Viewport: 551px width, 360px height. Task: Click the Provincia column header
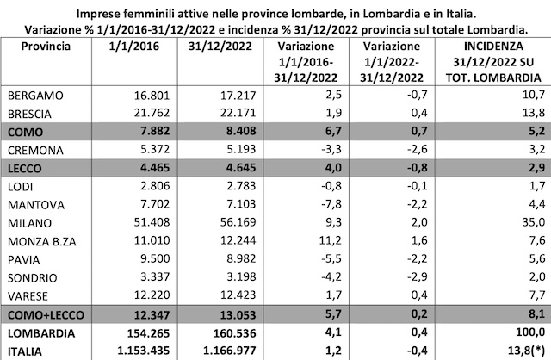click(x=46, y=47)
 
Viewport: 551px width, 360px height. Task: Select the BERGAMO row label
click(x=35, y=96)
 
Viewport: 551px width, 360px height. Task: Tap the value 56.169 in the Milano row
click(x=238, y=222)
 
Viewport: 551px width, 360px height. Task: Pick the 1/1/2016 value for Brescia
click(x=152, y=113)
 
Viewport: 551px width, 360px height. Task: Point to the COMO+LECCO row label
click(x=46, y=315)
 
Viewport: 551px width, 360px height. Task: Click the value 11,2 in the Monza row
click(x=331, y=241)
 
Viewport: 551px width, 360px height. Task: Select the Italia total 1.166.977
click(x=230, y=351)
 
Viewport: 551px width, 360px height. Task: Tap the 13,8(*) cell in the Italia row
click(x=527, y=351)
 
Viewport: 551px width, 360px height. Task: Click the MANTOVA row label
click(x=36, y=205)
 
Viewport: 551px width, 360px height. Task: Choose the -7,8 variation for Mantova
click(x=331, y=205)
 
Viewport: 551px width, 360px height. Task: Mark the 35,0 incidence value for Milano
click(x=534, y=222)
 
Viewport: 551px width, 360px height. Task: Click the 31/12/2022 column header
click(x=220, y=47)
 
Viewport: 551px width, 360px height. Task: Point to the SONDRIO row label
click(x=33, y=278)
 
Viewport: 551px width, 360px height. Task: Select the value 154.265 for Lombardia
click(x=148, y=333)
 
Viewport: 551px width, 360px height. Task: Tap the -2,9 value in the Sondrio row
click(x=418, y=277)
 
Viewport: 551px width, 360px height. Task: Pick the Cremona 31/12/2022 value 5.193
click(x=241, y=149)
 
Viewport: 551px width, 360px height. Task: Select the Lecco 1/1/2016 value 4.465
click(x=155, y=168)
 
